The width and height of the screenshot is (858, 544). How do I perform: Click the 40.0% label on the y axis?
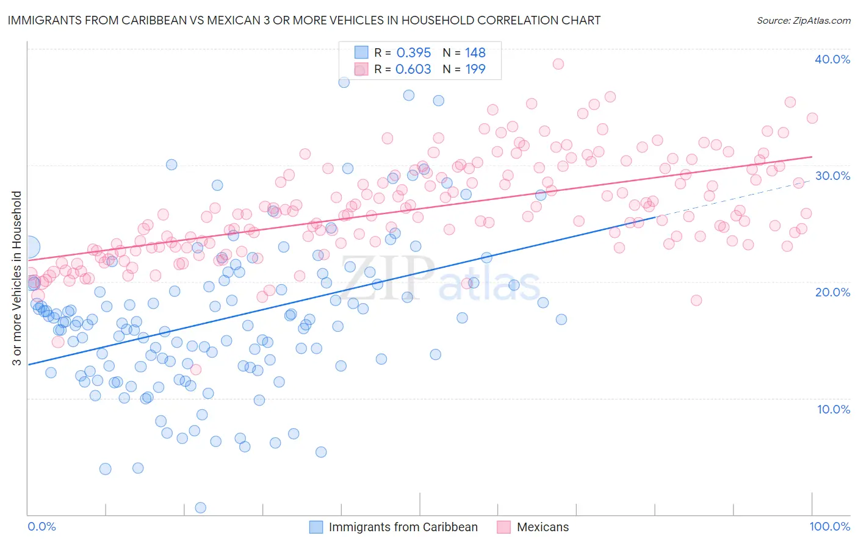[832, 59]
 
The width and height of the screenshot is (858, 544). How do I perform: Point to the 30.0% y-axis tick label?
[832, 176]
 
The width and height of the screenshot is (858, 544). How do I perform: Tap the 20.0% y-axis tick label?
[832, 292]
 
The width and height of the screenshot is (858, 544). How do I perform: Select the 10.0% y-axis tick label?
[834, 409]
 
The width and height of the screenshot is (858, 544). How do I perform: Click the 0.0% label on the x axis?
[41, 526]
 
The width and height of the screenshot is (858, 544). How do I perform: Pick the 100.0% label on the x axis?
[830, 526]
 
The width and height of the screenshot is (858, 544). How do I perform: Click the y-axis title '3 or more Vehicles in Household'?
[17, 278]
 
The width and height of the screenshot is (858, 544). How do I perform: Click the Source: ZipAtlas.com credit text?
[803, 20]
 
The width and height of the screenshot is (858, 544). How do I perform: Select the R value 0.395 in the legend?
[414, 52]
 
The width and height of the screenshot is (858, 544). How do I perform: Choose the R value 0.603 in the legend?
[414, 69]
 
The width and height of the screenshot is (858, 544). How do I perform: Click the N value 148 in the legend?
[475, 52]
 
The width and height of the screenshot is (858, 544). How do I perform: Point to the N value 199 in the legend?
[475, 69]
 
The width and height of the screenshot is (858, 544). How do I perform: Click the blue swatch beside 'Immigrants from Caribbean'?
[315, 527]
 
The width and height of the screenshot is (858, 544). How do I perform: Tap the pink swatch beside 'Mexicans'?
[503, 527]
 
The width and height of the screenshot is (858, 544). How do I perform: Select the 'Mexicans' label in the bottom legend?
[543, 527]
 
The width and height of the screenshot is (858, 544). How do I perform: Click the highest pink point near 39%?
[558, 64]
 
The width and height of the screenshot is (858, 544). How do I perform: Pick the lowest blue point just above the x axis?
[200, 507]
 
